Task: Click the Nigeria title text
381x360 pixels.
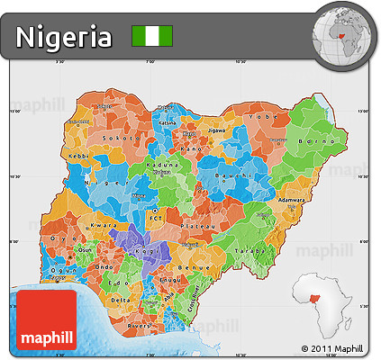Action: click(64, 37)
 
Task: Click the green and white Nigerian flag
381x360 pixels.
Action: click(152, 37)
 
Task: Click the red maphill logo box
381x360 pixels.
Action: click(46, 319)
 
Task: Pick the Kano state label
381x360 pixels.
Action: click(188, 148)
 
